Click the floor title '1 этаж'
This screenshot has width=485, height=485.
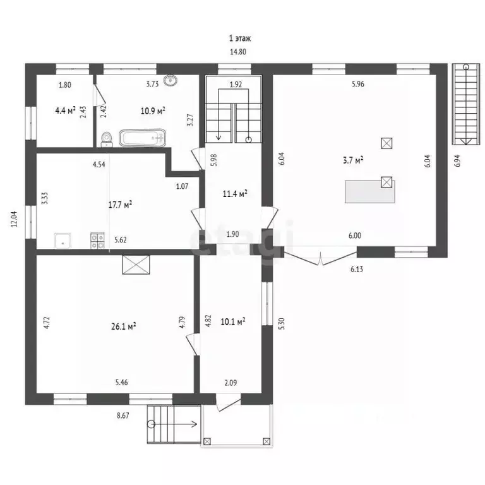point(240,39)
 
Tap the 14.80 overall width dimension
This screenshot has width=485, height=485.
point(238,52)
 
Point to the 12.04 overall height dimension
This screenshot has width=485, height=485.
point(15,219)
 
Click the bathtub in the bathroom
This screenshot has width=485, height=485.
point(142,138)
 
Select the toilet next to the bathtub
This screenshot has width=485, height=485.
point(107,140)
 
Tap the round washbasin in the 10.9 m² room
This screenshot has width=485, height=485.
point(170,80)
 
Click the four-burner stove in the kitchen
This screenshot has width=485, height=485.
point(97,241)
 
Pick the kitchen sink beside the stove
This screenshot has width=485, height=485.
point(63,241)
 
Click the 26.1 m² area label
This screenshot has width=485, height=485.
point(124,326)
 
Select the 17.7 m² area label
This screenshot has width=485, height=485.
point(121,205)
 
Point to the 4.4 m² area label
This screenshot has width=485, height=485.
point(65,111)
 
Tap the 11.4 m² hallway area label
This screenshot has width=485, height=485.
point(235,194)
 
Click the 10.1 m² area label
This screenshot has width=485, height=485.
point(233,322)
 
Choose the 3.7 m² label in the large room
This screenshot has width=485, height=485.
point(353,160)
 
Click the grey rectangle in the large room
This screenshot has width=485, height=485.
point(369,192)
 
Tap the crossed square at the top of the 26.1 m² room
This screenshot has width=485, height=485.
point(136,265)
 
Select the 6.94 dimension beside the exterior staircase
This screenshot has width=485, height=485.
point(458,161)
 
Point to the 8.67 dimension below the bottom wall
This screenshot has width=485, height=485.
point(123,416)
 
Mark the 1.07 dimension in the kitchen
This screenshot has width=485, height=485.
point(182,186)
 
